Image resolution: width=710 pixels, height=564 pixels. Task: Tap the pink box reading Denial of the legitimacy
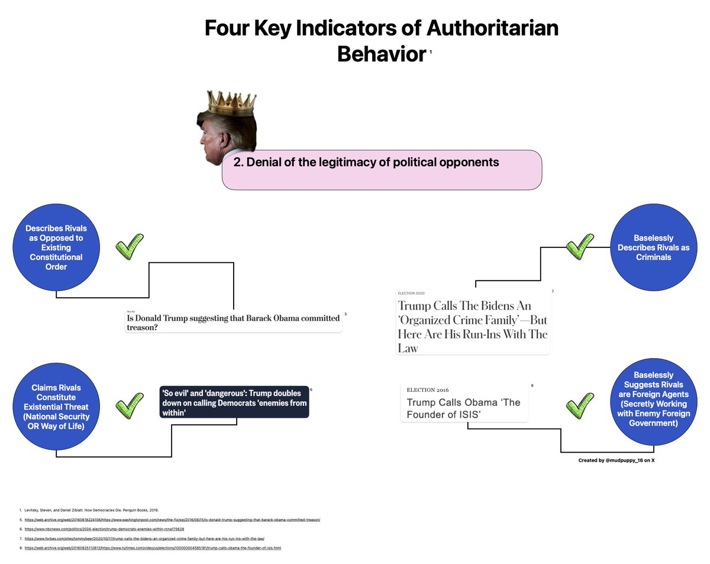tap(382, 170)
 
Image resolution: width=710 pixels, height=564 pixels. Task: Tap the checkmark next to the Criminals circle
tap(580, 246)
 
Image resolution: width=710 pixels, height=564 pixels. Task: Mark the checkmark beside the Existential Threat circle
tap(130, 406)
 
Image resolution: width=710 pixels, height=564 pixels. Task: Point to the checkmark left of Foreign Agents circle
tap(580, 406)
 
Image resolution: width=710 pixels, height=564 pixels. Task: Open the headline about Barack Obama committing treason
tap(234, 323)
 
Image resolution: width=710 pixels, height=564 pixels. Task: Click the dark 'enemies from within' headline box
tap(234, 402)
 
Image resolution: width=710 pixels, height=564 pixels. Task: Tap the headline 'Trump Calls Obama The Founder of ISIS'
tap(463, 408)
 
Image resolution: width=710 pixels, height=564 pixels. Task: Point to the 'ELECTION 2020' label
tap(411, 293)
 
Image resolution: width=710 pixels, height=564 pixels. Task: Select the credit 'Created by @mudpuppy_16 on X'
tap(616, 460)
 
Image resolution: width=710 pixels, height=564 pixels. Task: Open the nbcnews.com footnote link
tap(104, 528)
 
